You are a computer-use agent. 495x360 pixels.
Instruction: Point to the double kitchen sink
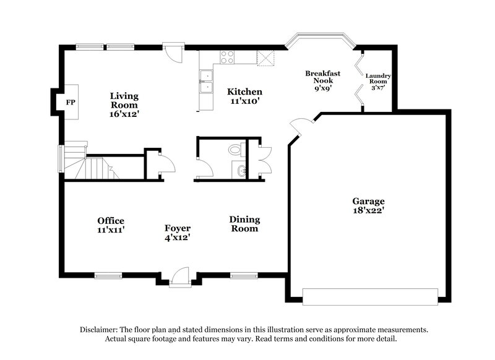click(x=205, y=83)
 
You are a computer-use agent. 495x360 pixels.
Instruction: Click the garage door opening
click(x=370, y=296)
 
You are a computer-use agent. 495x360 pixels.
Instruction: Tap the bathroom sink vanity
click(x=240, y=170)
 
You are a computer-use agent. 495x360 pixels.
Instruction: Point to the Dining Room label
click(x=244, y=224)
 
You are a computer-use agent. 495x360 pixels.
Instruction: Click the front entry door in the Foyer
click(x=179, y=276)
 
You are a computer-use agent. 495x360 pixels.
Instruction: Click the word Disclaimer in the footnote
click(x=100, y=330)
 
